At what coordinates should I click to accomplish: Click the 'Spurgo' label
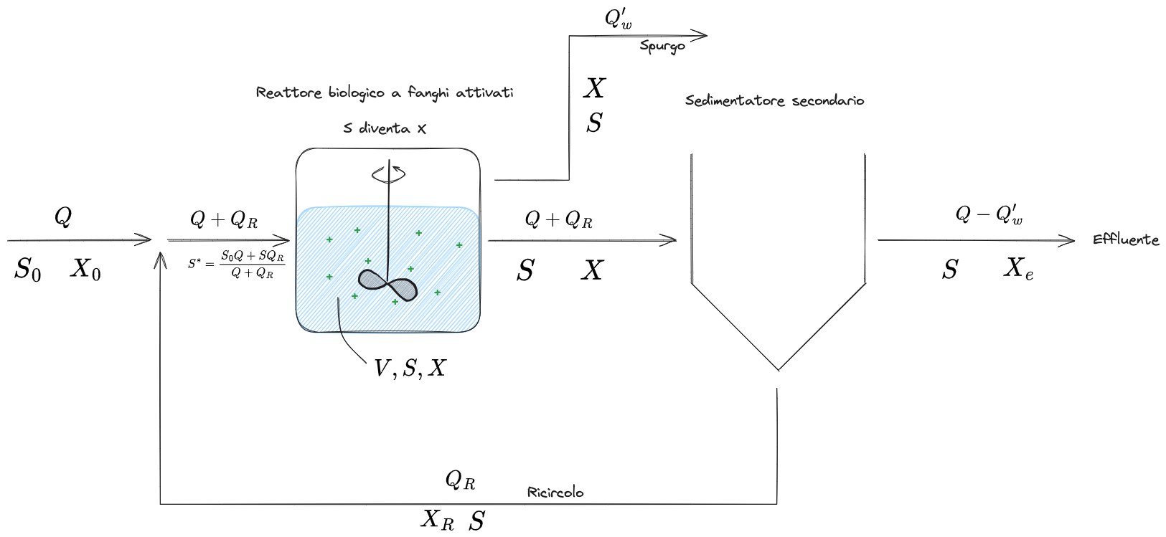662,47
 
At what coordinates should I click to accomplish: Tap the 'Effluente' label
1125,239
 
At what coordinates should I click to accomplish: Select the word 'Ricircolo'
555,493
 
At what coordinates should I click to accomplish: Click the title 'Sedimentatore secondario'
774,100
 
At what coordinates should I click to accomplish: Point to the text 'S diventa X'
385,128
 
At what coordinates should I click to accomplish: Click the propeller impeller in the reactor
387,285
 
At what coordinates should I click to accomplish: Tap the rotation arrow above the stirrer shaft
388,174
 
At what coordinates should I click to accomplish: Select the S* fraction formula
237,264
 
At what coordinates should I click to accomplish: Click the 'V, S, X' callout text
410,369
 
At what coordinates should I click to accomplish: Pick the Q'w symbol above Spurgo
618,19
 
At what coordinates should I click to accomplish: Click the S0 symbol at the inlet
27,270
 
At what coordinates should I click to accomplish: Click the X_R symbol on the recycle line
437,519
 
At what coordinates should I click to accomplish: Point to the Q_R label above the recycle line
460,480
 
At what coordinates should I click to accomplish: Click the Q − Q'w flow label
989,214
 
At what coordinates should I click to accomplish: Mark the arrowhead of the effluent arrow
1071,241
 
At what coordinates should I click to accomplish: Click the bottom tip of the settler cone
779,370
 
